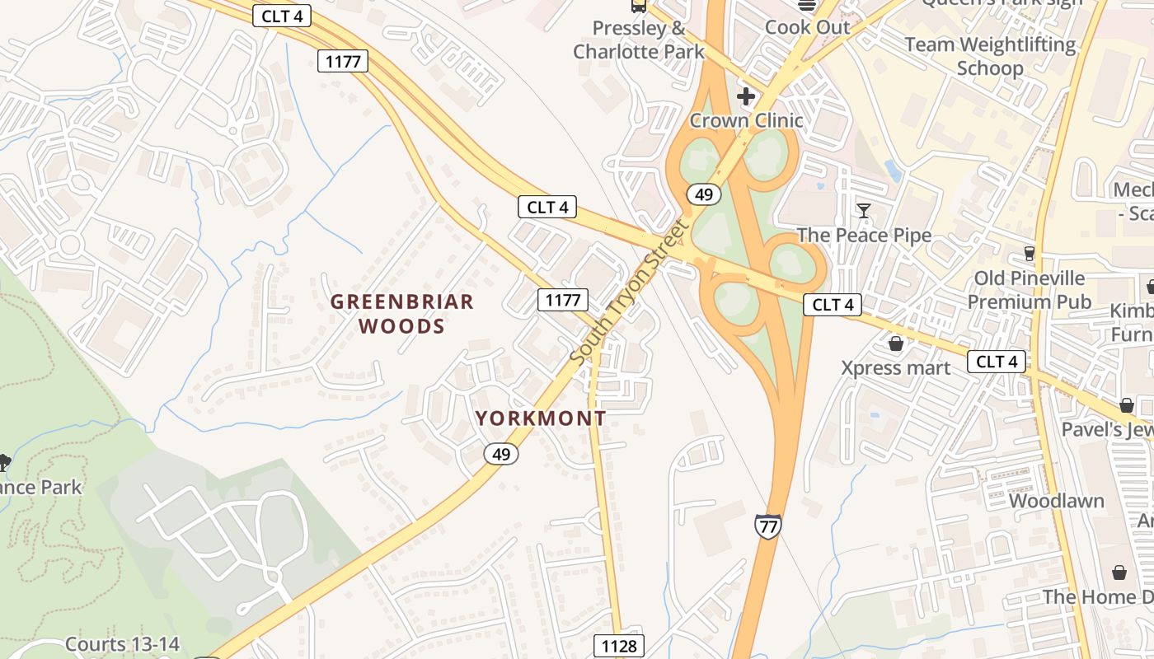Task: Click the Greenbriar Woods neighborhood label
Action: [x=402, y=314]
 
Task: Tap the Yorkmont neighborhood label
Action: [x=541, y=418]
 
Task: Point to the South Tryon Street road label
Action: [x=628, y=293]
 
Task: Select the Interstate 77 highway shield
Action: [x=767, y=526]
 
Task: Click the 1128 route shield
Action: [x=619, y=646]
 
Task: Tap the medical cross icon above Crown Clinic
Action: [x=746, y=96]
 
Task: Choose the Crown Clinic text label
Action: [x=746, y=120]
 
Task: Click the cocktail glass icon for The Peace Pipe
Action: [x=864, y=211]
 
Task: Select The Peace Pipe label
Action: [x=864, y=235]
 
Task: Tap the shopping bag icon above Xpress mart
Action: [x=896, y=344]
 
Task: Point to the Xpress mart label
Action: [x=896, y=367]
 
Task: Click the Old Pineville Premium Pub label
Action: [x=1030, y=290]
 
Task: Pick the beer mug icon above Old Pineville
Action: [x=1030, y=253]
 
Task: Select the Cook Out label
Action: [x=807, y=27]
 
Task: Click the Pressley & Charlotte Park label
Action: [x=639, y=40]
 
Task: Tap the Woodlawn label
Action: [x=1056, y=501]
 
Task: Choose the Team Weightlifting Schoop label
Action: [x=990, y=56]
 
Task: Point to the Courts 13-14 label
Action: [x=122, y=644]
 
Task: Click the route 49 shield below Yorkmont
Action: [x=500, y=453]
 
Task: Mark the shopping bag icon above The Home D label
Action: [x=1119, y=572]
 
